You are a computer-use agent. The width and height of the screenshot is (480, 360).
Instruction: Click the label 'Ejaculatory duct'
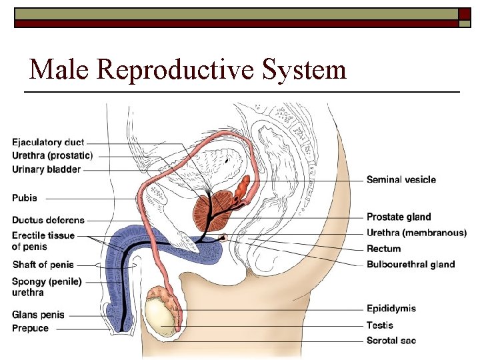point(48,143)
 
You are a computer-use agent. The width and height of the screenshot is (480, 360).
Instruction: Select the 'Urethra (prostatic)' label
point(52,155)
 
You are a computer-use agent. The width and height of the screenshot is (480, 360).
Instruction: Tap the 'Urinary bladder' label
point(46,169)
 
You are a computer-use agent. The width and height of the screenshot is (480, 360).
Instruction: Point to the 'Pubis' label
point(25,198)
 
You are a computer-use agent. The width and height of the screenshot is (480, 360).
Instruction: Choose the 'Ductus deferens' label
point(48,220)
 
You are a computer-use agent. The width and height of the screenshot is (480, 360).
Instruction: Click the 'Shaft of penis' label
point(43,265)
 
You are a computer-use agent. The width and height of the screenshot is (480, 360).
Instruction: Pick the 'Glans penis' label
point(37,315)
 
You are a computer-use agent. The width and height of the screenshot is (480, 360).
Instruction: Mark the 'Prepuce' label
point(31,328)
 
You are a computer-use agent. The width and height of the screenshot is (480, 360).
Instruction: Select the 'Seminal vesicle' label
point(401,179)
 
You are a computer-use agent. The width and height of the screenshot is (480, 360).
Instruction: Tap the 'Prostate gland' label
point(399,217)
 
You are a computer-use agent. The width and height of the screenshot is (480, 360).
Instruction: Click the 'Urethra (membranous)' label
point(417,233)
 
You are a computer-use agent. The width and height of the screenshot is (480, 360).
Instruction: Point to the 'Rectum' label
point(384,249)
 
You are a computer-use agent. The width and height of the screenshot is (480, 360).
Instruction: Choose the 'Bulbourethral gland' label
point(411,264)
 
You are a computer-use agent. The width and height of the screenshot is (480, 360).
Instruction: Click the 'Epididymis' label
point(391,308)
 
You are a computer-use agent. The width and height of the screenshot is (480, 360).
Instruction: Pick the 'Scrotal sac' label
point(391,341)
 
